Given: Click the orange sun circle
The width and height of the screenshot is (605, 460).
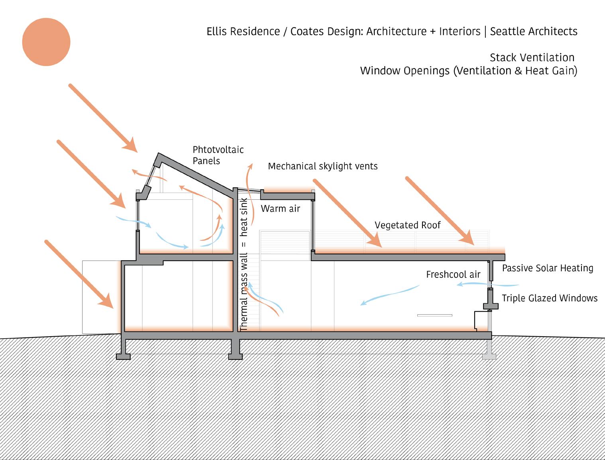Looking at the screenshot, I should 46,42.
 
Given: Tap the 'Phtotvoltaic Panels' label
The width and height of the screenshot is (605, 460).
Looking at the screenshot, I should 218,155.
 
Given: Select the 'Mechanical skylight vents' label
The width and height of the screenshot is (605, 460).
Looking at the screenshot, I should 322,166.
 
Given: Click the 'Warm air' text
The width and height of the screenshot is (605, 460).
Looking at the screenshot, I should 280,209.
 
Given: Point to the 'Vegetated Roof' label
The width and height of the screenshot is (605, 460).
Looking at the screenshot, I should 407,225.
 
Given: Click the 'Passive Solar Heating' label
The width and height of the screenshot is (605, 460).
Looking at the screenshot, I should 547,268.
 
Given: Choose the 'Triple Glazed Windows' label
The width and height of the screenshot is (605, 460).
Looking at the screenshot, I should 549,298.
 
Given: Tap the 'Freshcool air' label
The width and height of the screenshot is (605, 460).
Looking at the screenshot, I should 453,275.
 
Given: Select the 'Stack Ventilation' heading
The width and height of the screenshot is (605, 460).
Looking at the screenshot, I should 532,58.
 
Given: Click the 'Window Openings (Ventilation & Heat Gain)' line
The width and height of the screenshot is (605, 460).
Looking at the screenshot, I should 468,71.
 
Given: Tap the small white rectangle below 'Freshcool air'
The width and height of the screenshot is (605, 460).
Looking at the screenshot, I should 434,316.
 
